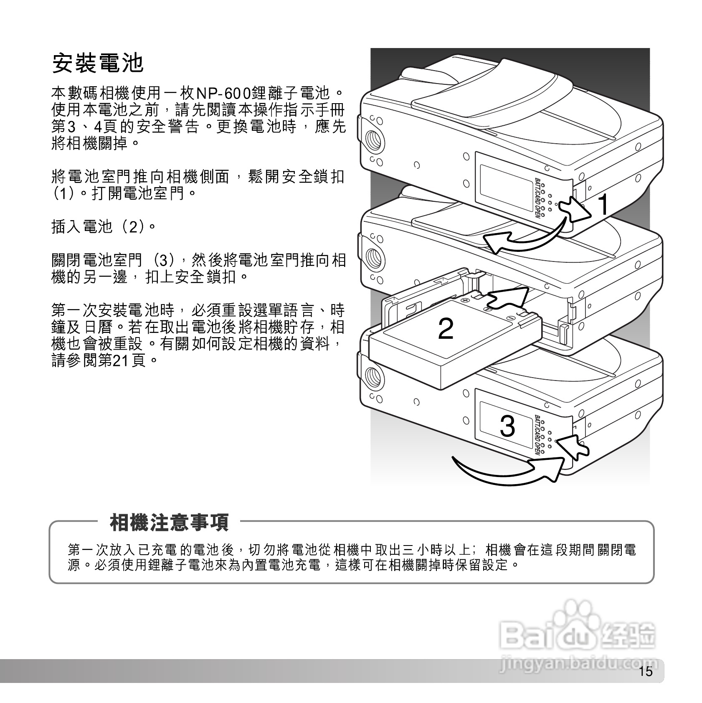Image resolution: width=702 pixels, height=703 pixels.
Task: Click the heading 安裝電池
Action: click(x=98, y=63)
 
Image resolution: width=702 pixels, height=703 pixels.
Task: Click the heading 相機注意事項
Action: click(x=169, y=522)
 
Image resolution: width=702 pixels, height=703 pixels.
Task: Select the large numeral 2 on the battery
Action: click(x=446, y=329)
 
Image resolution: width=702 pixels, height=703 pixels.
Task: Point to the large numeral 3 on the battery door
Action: click(x=507, y=426)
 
